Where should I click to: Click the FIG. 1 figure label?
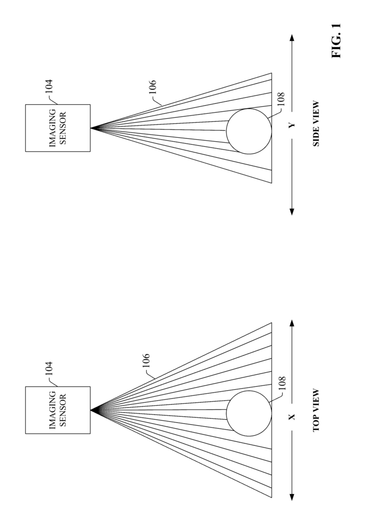point(336,41)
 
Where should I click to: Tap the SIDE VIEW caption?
point(316,124)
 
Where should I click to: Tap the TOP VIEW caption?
point(316,410)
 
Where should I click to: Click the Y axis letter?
point(292,125)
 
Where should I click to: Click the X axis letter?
point(292,417)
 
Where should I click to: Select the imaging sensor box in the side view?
point(58,128)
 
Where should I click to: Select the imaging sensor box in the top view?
point(58,410)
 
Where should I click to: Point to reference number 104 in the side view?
point(49,86)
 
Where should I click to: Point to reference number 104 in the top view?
point(49,368)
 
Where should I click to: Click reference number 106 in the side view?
point(152,87)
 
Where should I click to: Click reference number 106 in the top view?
point(146,361)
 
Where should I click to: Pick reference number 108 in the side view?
point(281,99)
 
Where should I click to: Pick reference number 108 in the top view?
point(282,383)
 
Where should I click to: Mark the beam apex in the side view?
point(91,128)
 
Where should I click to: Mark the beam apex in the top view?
point(91,410)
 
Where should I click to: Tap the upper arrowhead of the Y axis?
point(292,37)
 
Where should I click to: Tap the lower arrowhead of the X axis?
point(292,497)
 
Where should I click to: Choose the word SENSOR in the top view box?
point(63,410)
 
